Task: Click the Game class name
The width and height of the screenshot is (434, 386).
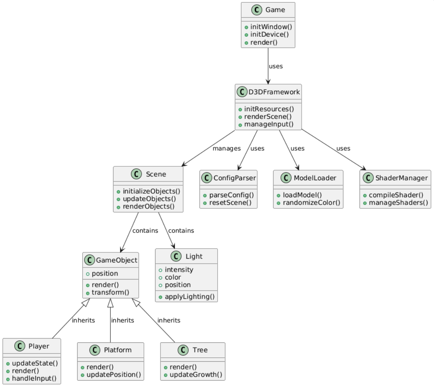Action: click(275, 10)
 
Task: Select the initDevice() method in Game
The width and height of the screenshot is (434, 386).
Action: click(266, 34)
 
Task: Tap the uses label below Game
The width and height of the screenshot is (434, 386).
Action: click(275, 66)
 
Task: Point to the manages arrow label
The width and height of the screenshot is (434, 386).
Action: click(226, 148)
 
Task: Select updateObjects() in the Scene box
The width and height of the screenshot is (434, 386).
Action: click(149, 199)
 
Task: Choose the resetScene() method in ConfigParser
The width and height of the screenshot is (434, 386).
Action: click(230, 202)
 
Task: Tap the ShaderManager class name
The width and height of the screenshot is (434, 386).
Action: click(401, 178)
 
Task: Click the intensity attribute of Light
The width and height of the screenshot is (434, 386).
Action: click(179, 269)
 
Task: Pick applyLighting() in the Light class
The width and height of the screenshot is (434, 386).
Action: click(189, 296)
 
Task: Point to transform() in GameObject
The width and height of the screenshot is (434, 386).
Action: click(110, 292)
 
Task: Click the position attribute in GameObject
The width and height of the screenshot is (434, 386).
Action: click(105, 273)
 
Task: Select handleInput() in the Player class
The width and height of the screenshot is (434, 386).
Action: click(34, 378)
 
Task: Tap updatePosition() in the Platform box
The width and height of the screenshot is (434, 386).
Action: click(113, 374)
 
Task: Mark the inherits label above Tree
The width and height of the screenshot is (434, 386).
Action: click(169, 320)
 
